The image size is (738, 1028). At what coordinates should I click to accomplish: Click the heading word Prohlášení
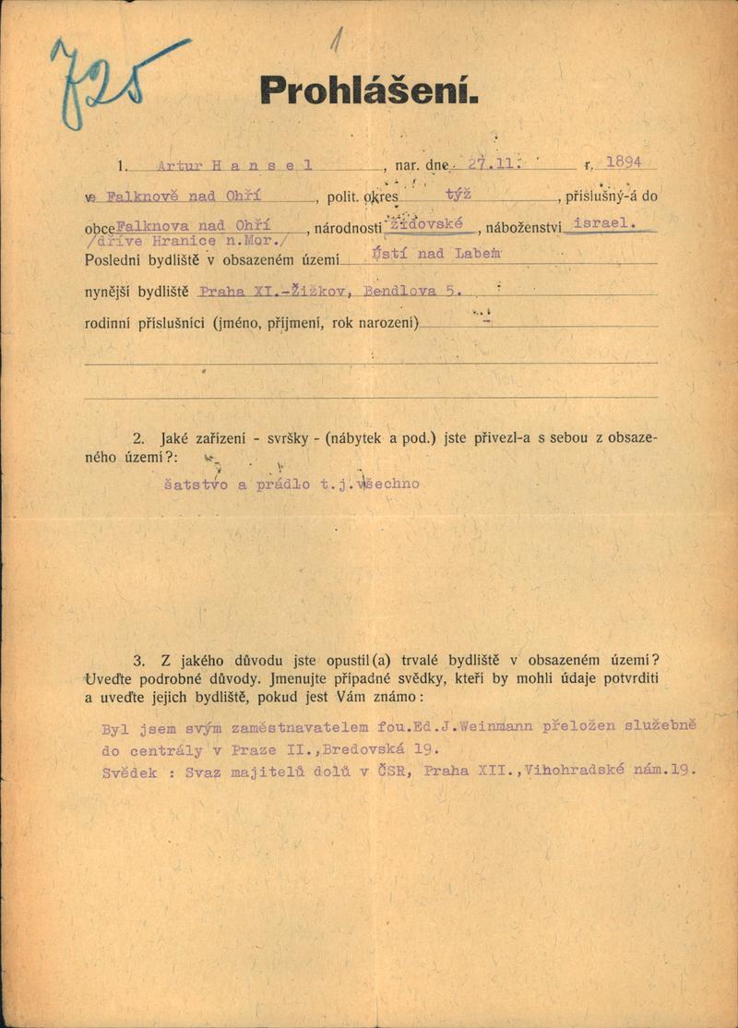369,90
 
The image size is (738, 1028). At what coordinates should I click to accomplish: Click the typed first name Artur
179,166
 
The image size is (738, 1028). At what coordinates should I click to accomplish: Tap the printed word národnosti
347,228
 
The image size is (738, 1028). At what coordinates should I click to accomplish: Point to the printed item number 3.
139,660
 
